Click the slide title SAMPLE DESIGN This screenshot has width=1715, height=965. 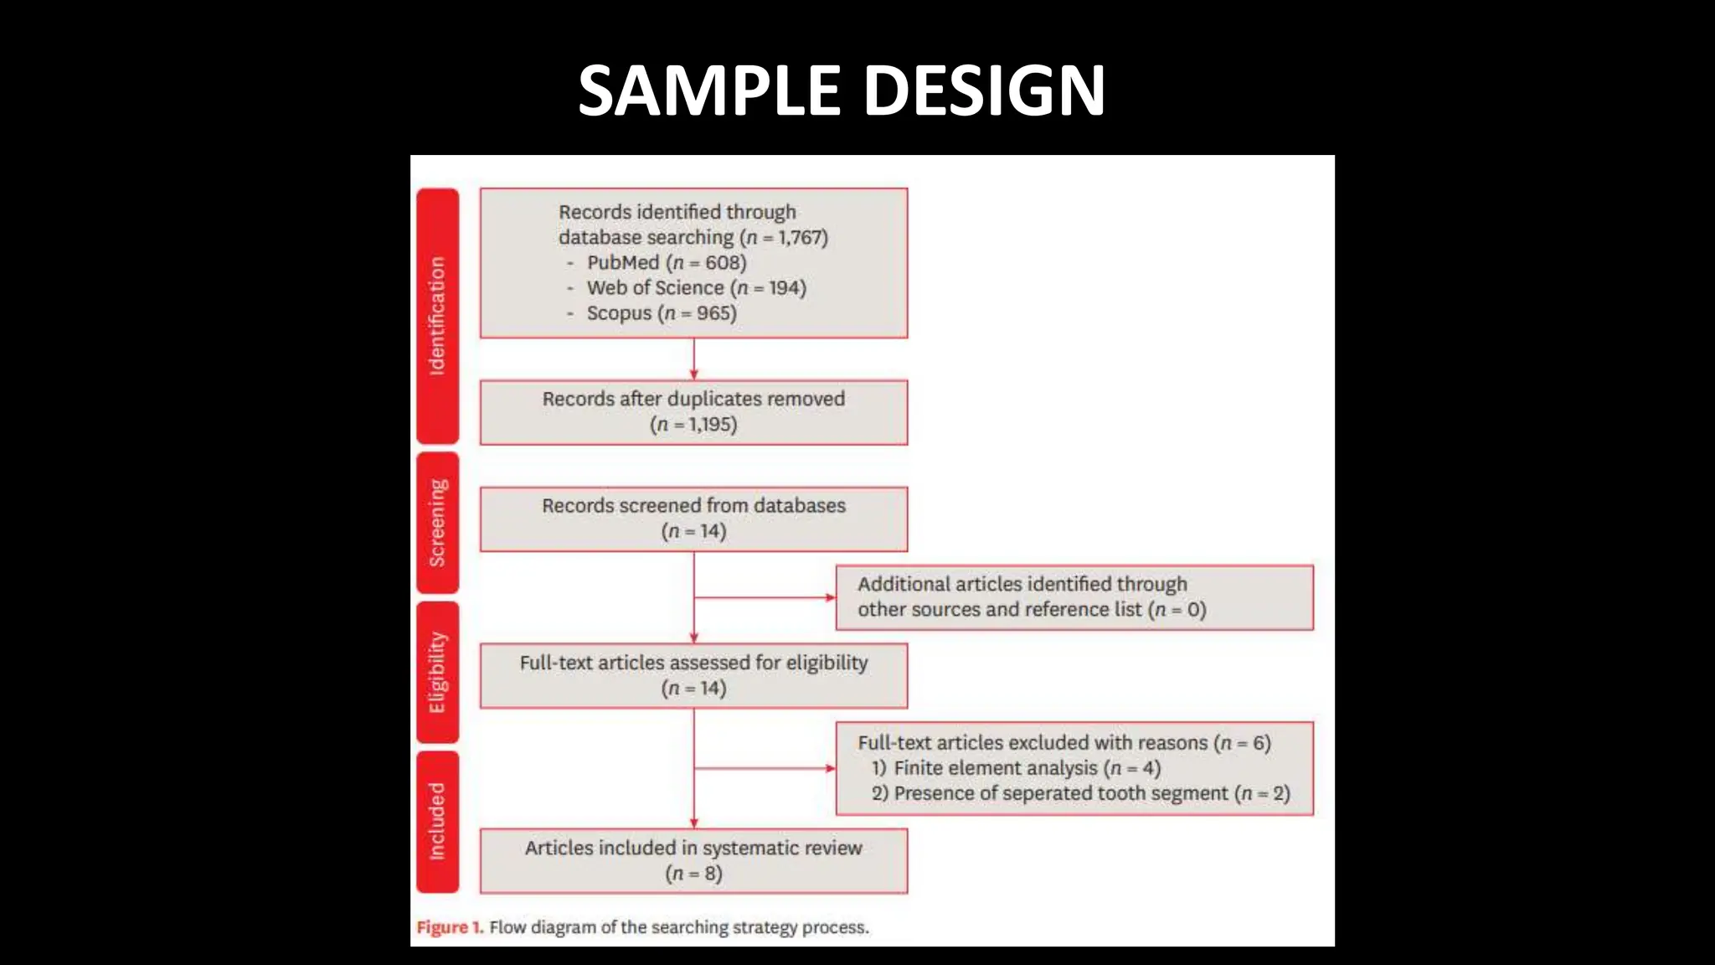(842, 90)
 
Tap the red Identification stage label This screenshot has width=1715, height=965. (437, 316)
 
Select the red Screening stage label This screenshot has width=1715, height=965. (437, 523)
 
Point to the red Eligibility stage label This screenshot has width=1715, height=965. (437, 672)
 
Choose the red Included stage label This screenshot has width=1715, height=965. (437, 821)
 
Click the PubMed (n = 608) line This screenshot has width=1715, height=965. (666, 263)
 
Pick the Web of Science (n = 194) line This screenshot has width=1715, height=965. (696, 288)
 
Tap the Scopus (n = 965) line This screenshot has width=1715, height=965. (662, 313)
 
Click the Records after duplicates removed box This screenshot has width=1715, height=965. (693, 412)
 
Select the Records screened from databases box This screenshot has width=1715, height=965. (693, 519)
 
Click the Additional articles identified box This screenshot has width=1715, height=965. (1074, 597)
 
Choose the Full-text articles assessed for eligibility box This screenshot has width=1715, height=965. (693, 675)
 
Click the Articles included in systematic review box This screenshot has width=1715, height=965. (693, 860)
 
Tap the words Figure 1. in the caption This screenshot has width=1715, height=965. (450, 927)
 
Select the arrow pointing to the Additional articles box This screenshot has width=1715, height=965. (764, 597)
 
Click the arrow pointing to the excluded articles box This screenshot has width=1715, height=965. (764, 768)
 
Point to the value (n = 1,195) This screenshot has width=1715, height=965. (693, 425)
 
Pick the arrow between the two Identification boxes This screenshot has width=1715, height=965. (693, 359)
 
